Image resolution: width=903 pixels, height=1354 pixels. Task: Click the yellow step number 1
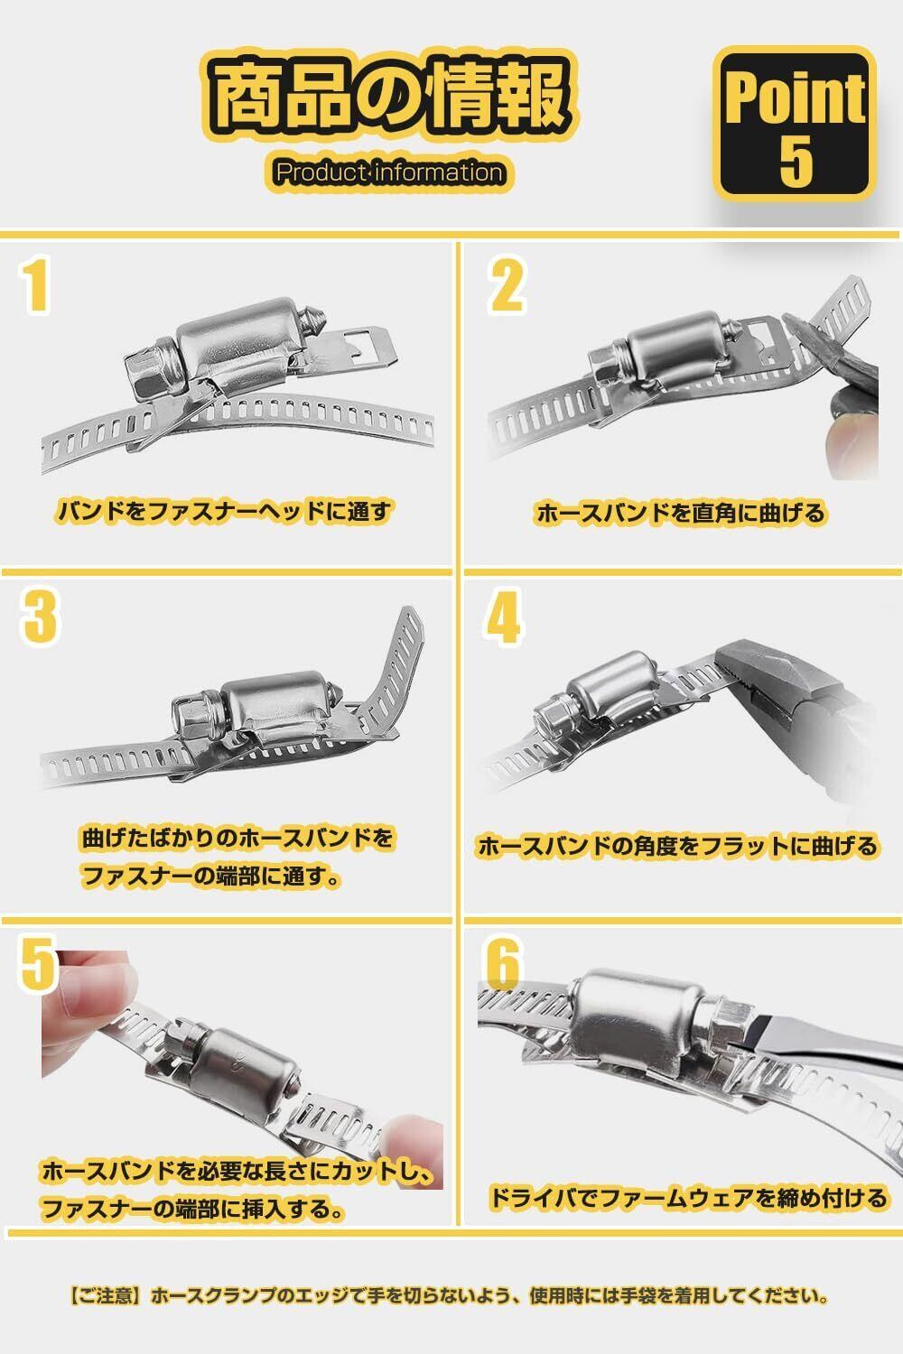pos(36,286)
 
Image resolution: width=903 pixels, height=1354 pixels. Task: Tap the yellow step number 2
pos(507,286)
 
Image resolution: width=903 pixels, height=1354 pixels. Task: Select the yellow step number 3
pos(40,617)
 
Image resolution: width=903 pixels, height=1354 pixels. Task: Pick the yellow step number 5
pos(38,962)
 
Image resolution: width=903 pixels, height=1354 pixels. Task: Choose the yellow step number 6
pos(503,962)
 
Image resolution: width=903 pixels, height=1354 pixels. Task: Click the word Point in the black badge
pos(796,99)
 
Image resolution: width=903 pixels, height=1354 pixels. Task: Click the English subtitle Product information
pos(389,173)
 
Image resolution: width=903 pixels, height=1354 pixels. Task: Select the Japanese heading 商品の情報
pos(392,96)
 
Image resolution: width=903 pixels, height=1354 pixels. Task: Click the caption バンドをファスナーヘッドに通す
pos(224,512)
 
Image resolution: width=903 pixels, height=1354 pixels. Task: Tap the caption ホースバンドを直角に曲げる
pos(681,513)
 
